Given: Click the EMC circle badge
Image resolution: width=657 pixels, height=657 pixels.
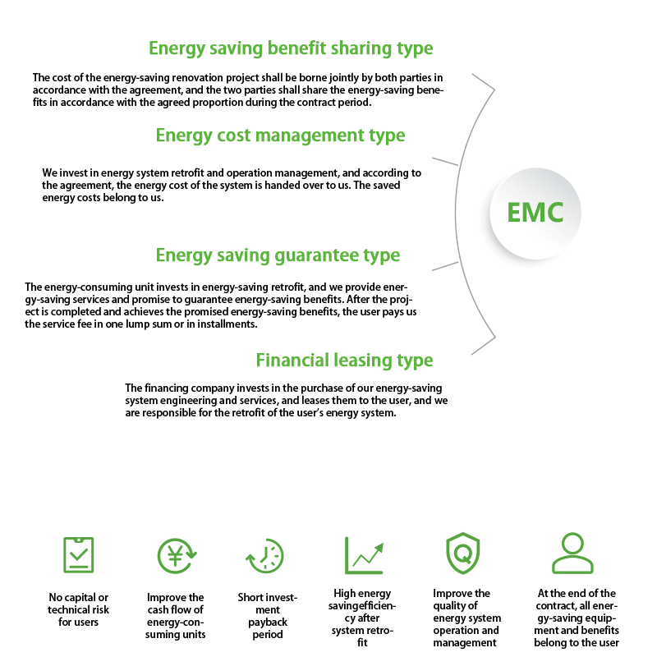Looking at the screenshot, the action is [535, 213].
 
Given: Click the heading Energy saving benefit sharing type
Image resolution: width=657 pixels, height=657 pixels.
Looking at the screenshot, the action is [291, 48].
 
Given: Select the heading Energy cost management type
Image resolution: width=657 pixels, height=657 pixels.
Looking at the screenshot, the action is [280, 136].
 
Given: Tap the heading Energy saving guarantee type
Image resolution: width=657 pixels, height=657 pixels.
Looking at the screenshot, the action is [278, 255].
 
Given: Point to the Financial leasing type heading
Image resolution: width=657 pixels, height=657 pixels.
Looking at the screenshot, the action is [344, 361].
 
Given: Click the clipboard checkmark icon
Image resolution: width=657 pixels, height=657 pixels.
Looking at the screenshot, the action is [78, 555].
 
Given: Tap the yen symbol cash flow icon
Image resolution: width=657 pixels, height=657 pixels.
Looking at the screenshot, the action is [177, 556].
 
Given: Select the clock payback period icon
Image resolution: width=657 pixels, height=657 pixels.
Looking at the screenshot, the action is [264, 556].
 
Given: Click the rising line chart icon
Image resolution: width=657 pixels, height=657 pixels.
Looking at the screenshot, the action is [364, 555].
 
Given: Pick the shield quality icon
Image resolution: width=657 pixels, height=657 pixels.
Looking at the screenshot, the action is [462, 553].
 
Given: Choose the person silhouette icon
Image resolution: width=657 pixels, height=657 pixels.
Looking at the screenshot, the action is [572, 553].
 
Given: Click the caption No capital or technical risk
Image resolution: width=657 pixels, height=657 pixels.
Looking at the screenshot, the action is [78, 609].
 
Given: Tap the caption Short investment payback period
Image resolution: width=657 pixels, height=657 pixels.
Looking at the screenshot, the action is [268, 616].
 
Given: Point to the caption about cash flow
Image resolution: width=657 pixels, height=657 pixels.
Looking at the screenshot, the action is [175, 616].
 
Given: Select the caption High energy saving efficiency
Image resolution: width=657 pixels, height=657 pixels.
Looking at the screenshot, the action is [362, 618].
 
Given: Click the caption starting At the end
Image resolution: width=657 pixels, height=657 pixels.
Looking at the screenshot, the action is [577, 618].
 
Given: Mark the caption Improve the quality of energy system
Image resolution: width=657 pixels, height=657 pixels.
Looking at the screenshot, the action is [466, 618].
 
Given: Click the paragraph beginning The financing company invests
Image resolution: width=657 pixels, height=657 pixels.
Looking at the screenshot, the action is [286, 401].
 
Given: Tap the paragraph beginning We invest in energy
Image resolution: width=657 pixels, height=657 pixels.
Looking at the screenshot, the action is [232, 186].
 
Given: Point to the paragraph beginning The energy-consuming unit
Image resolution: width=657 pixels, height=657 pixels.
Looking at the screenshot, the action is [220, 306].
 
